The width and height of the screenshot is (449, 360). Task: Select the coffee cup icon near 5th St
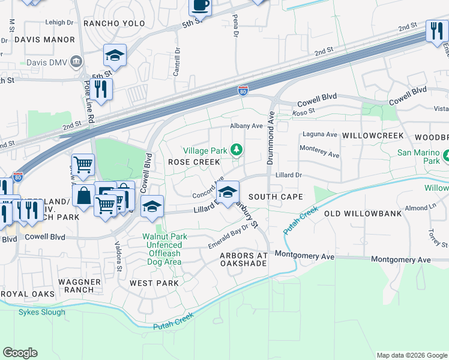tap(200, 7)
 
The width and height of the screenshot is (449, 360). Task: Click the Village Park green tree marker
tap(237, 149)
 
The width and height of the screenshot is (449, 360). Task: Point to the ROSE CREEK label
tap(194, 163)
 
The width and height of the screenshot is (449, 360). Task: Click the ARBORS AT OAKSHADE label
tap(243, 260)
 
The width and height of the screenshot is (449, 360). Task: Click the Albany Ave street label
tap(247, 126)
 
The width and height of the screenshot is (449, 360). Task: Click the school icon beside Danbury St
tap(228, 193)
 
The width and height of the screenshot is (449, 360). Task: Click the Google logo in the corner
tap(20, 353)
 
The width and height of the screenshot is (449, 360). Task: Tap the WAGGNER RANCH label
tap(76, 284)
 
